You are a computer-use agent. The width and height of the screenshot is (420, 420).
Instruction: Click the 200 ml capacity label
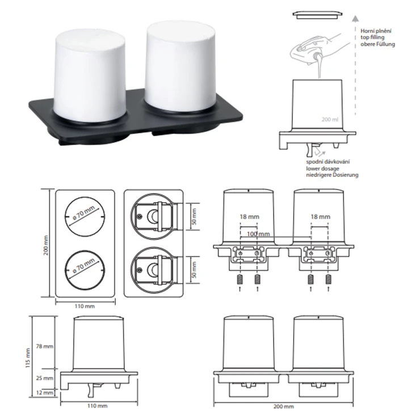(330, 119)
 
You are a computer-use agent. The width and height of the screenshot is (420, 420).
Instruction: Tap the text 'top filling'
(372, 37)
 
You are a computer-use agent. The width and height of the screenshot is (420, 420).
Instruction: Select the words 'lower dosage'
(322, 169)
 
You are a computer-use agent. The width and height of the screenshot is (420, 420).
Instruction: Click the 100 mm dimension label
(258, 234)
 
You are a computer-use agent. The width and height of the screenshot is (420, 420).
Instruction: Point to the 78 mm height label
(44, 346)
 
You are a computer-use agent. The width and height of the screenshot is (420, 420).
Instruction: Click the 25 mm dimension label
(44, 378)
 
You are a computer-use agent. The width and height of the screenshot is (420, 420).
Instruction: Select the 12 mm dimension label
(44, 393)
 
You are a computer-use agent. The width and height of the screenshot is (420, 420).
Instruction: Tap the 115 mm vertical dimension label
(28, 358)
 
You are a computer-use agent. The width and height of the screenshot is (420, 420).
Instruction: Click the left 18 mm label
(249, 217)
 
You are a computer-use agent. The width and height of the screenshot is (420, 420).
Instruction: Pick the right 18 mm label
(320, 217)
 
